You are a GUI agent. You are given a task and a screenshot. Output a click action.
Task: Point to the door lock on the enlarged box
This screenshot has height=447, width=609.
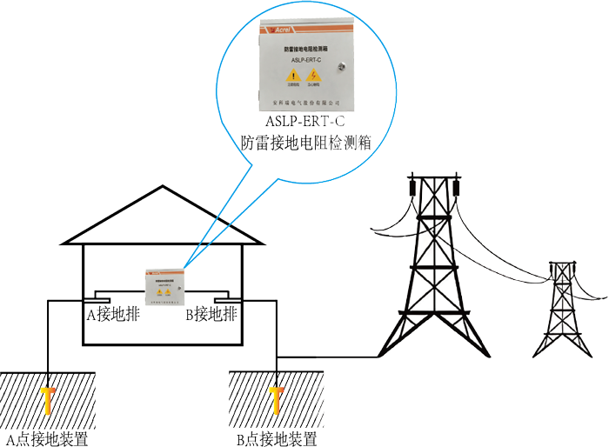[345, 64]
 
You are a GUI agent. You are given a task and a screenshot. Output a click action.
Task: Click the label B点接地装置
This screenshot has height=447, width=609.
[276, 438]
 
